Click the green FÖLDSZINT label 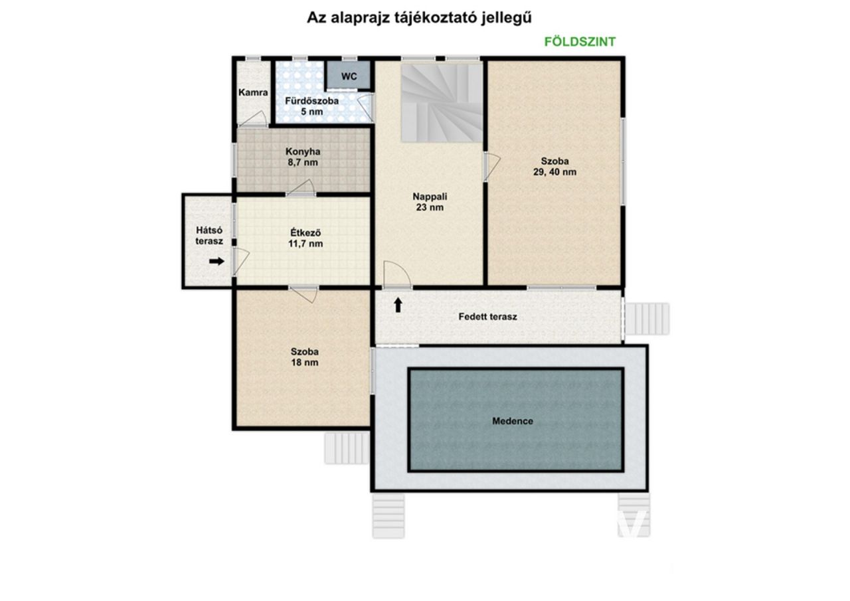click(x=580, y=42)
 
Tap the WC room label click(x=349, y=76)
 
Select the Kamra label click(x=253, y=92)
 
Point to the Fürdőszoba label click(x=312, y=102)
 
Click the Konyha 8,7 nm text click(x=303, y=157)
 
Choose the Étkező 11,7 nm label click(x=305, y=238)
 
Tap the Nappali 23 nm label click(x=430, y=202)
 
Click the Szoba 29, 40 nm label click(x=554, y=167)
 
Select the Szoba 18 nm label click(x=305, y=357)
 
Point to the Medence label click(x=513, y=421)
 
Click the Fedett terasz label click(x=487, y=316)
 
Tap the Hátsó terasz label click(x=209, y=236)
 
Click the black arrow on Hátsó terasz click(x=216, y=261)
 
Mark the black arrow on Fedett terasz click(x=398, y=305)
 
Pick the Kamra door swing click(x=254, y=119)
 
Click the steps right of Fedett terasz click(x=647, y=319)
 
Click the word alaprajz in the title click(x=360, y=18)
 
